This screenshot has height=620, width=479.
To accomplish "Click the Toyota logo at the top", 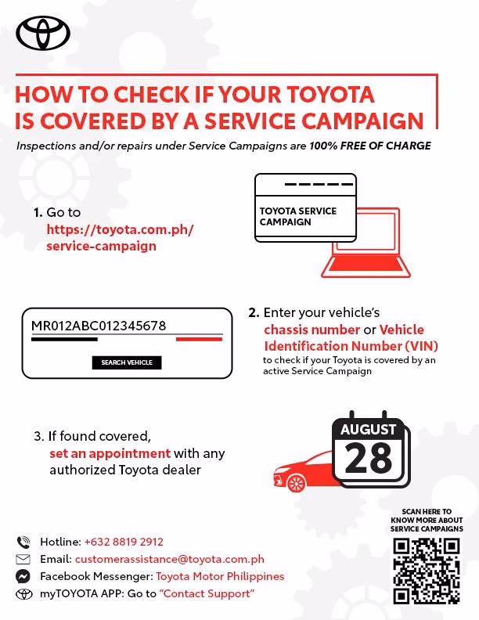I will coord(43,33).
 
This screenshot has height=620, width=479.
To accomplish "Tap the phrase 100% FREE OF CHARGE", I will coord(369,146).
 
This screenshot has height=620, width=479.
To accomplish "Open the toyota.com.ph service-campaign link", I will coord(119,237).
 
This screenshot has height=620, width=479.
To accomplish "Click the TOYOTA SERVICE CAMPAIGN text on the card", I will coord(298,216).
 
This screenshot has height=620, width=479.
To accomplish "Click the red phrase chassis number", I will coord(312,330).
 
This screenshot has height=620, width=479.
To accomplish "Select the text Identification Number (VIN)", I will coord(351,346).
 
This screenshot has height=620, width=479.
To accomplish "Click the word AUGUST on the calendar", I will coord(369,430).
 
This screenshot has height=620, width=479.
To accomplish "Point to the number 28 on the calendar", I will coord(369,459).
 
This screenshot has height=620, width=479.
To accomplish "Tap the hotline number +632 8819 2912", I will coord(124,542).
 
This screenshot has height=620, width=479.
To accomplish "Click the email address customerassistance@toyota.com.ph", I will coord(169,559).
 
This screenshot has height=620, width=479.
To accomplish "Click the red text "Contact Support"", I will coord(207,593).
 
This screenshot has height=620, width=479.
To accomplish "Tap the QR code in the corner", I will coord(427,570).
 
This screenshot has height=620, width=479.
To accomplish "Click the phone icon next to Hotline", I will coord(23,542).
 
